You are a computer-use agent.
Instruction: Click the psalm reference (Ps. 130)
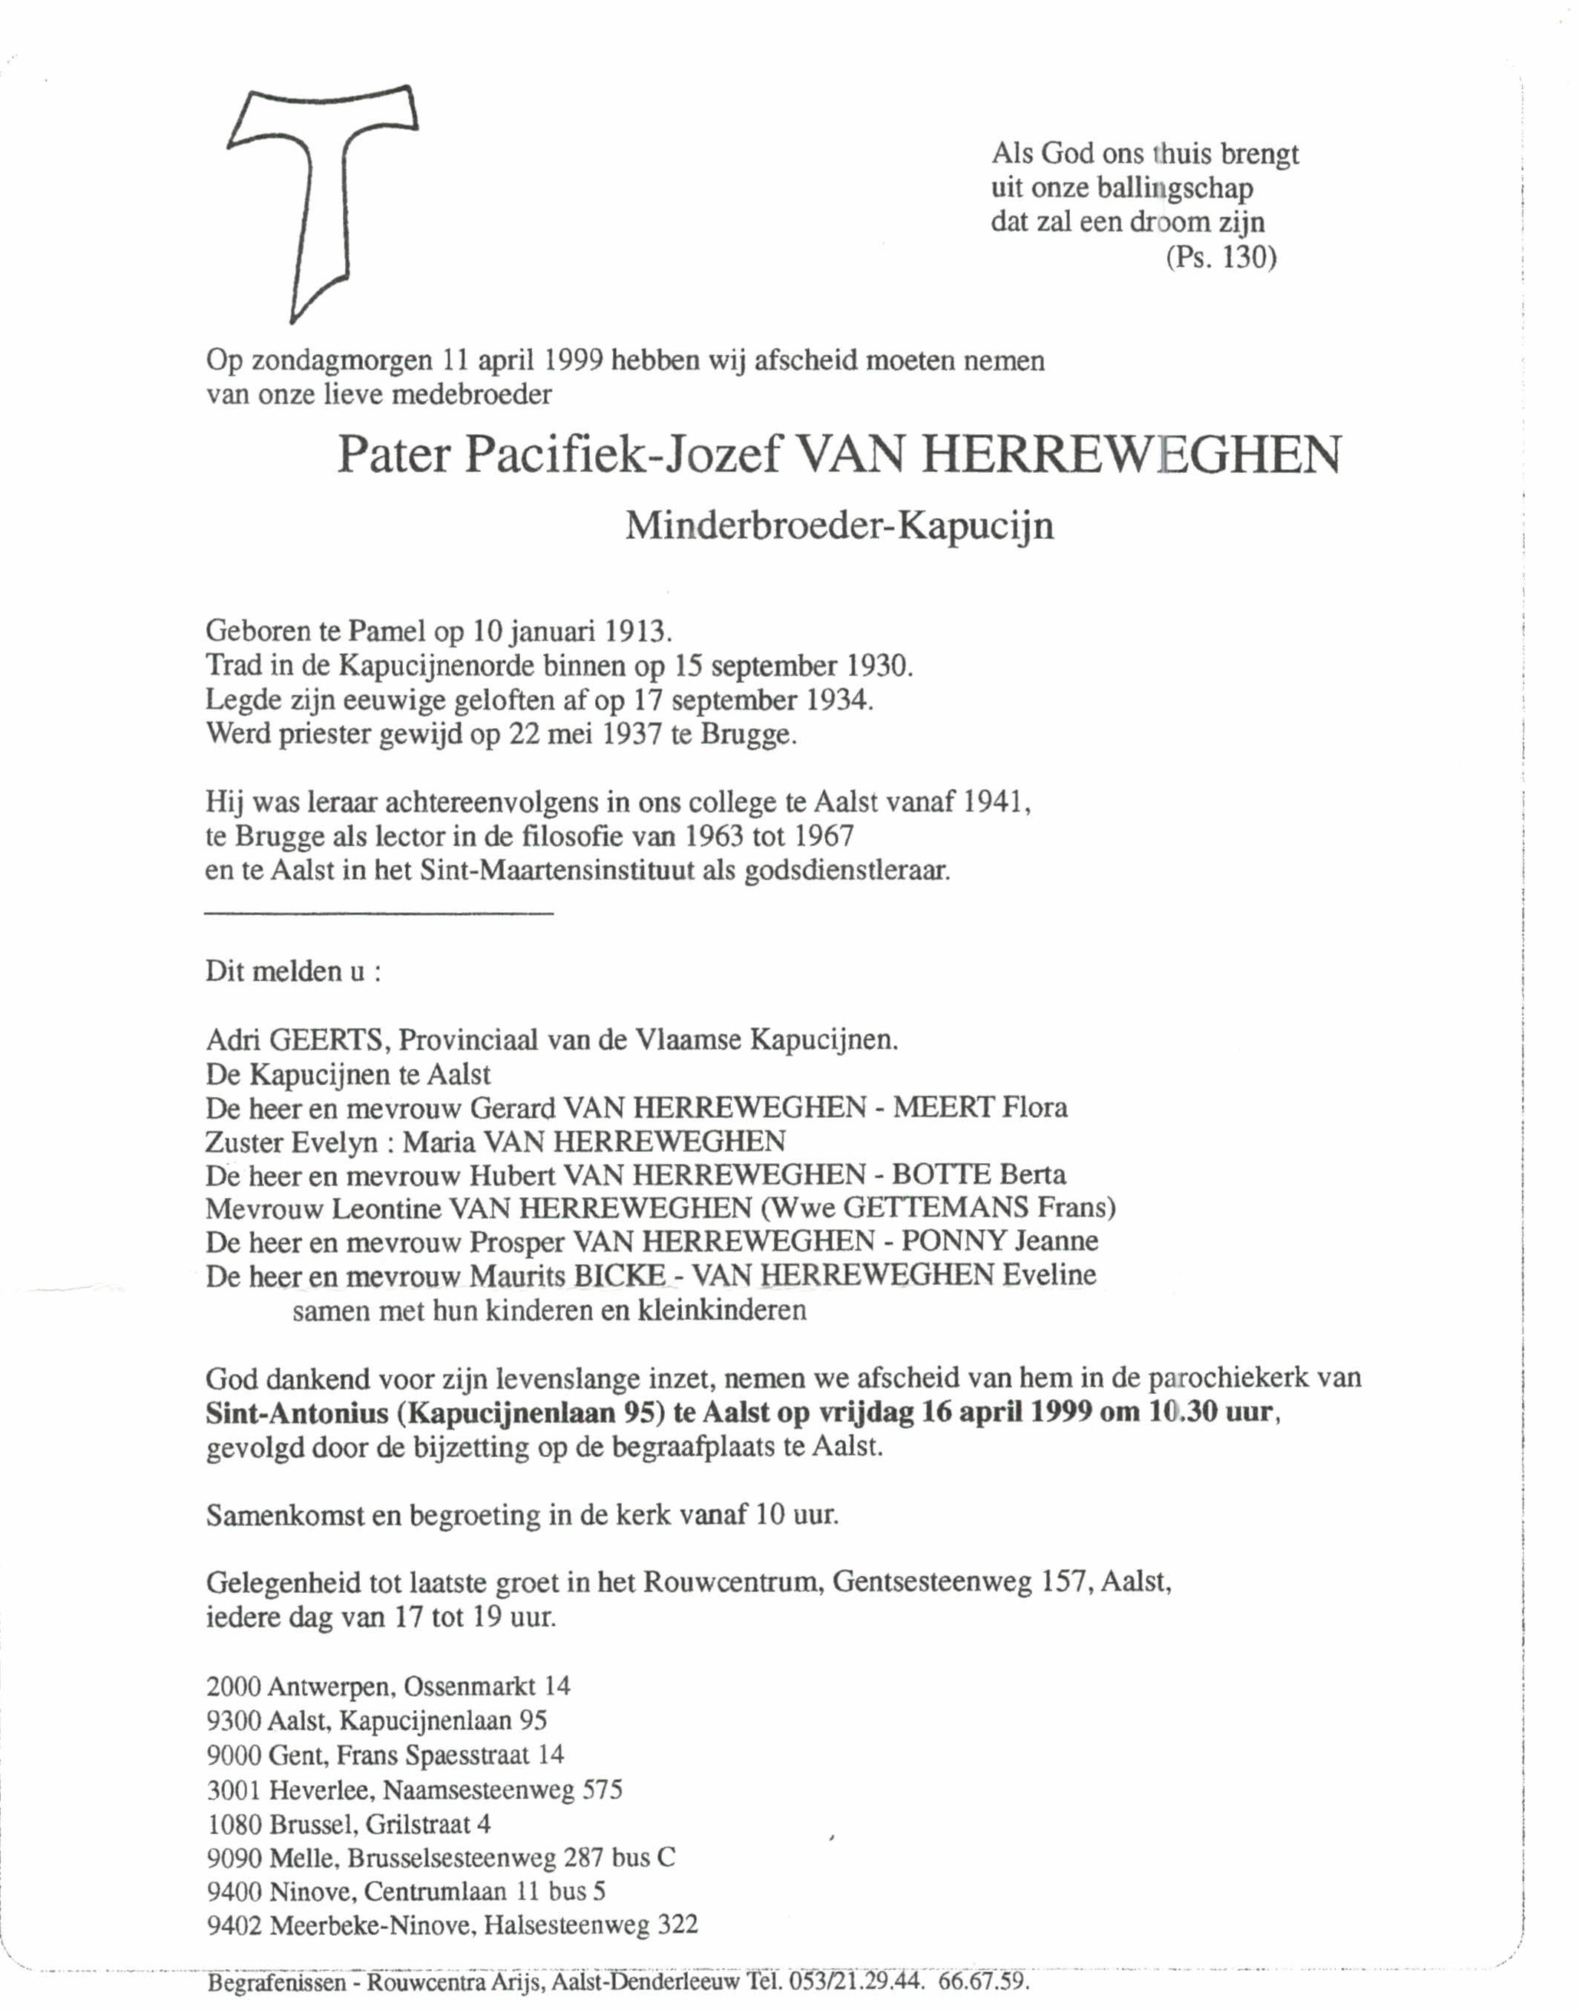[x=1221, y=258]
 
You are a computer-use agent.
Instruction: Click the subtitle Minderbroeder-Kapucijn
[x=839, y=527]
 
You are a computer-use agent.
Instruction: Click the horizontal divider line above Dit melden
[x=379, y=914]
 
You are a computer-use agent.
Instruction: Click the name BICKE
[x=620, y=1276]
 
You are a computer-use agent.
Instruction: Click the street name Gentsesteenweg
[x=932, y=1583]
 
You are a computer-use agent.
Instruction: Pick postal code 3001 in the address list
[x=234, y=1790]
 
